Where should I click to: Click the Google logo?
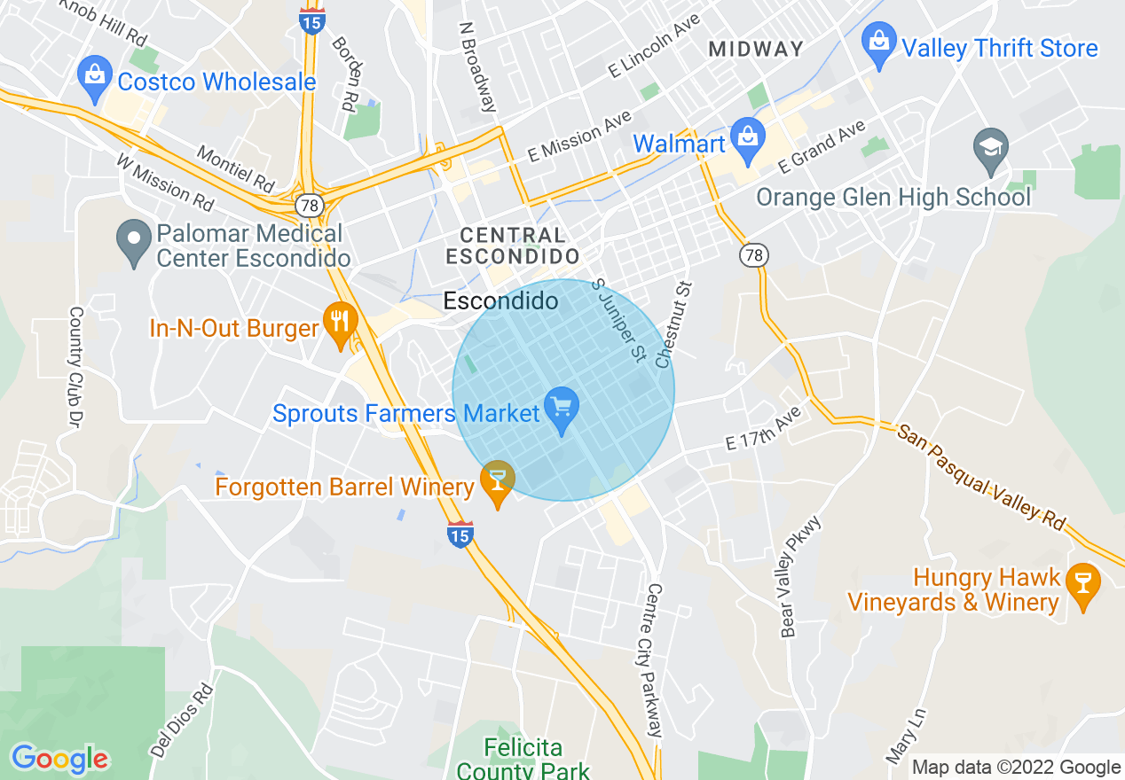[x=59, y=759]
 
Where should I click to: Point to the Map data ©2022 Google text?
[x=1016, y=768]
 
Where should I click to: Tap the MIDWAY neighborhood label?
[x=756, y=50]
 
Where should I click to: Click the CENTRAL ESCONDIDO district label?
[x=513, y=246]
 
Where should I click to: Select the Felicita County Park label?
[x=524, y=759]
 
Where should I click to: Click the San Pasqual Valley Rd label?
[x=981, y=477]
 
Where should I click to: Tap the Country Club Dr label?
[x=75, y=363]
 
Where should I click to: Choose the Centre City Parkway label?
[x=655, y=659]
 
